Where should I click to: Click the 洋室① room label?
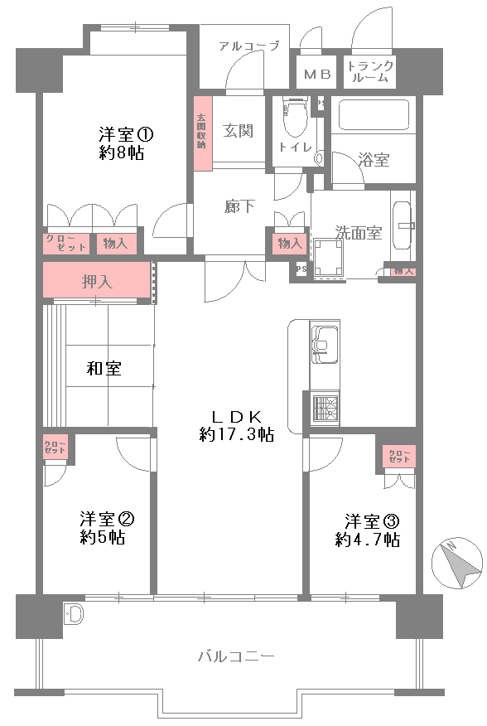point(127,133)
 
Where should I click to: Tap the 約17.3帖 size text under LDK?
point(236,434)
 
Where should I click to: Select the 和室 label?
point(104,369)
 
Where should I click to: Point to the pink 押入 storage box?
point(97,281)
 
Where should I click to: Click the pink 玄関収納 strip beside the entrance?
point(201,133)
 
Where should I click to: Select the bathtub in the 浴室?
point(374,114)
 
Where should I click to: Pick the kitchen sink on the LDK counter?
point(324,341)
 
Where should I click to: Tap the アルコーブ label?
point(248,46)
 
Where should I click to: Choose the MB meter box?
point(316,74)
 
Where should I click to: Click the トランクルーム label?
point(370,71)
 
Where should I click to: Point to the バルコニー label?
point(236,656)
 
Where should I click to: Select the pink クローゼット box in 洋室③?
point(398,456)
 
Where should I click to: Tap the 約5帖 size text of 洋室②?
point(103,538)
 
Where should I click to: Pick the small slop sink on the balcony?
point(74,615)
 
